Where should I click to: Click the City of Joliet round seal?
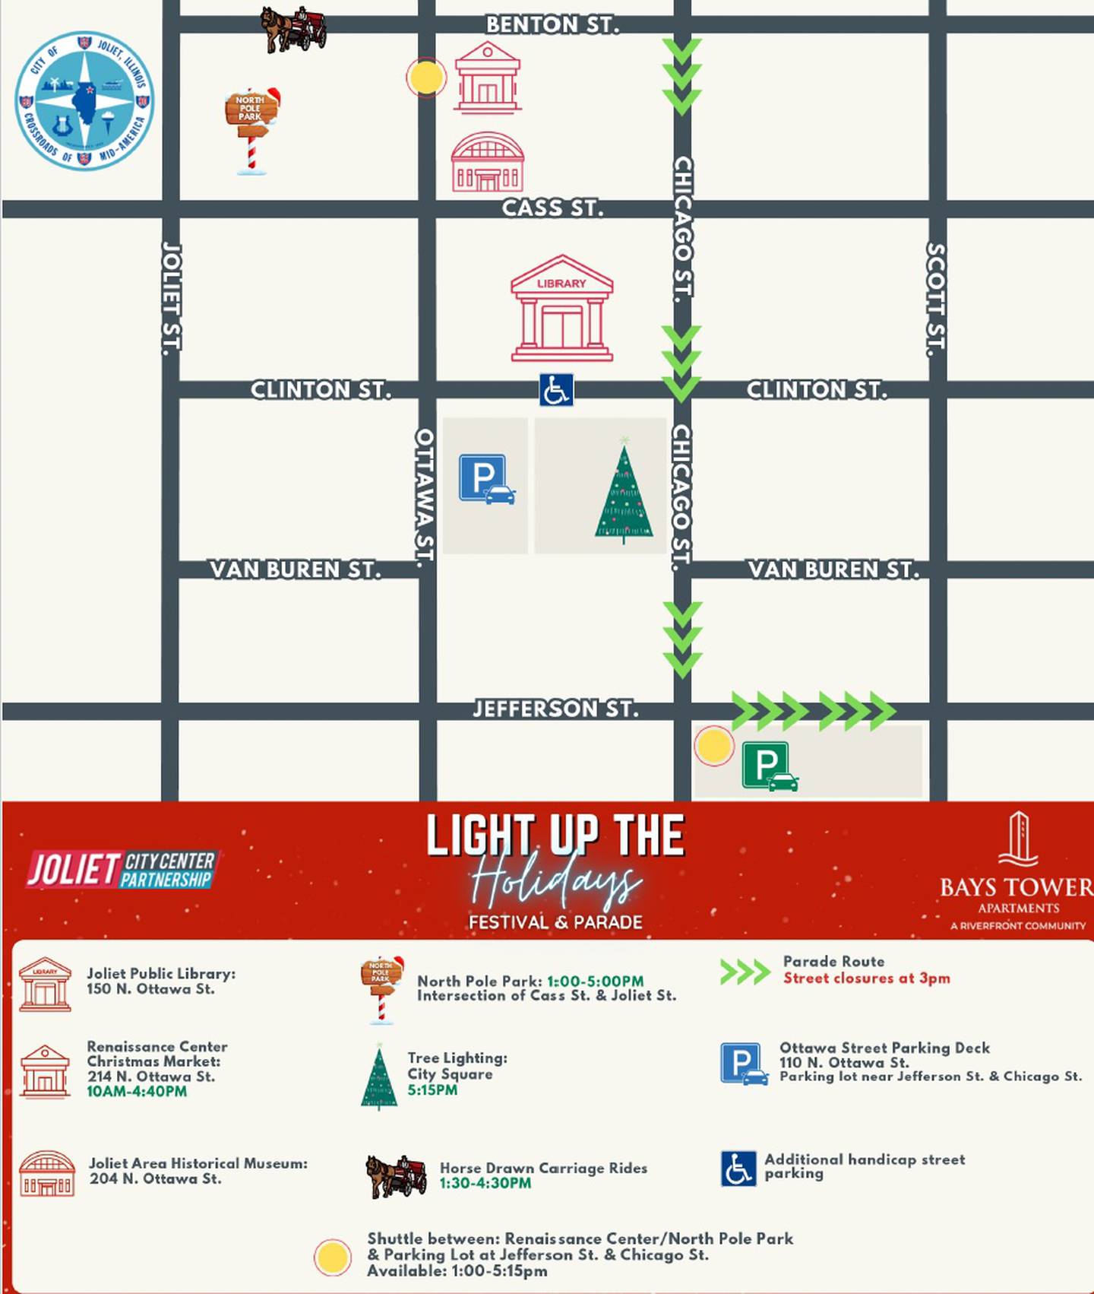pos(84,100)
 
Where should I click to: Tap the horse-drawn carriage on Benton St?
pos(293,29)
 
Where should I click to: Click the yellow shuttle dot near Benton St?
pos(425,77)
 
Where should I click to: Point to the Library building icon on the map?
pos(561,309)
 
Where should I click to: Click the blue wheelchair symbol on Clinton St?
pos(556,390)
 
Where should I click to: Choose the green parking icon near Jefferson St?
pos(769,767)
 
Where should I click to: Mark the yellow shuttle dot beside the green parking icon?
pos(713,746)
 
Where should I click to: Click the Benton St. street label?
pos(552,25)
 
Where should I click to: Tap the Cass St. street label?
pos(552,208)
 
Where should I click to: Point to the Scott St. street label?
pos(936,300)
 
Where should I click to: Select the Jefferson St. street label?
pos(555,709)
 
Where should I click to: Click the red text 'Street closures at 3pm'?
pos(866,978)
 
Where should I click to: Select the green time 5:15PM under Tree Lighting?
pos(432,1090)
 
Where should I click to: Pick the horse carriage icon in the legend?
pos(396,1175)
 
